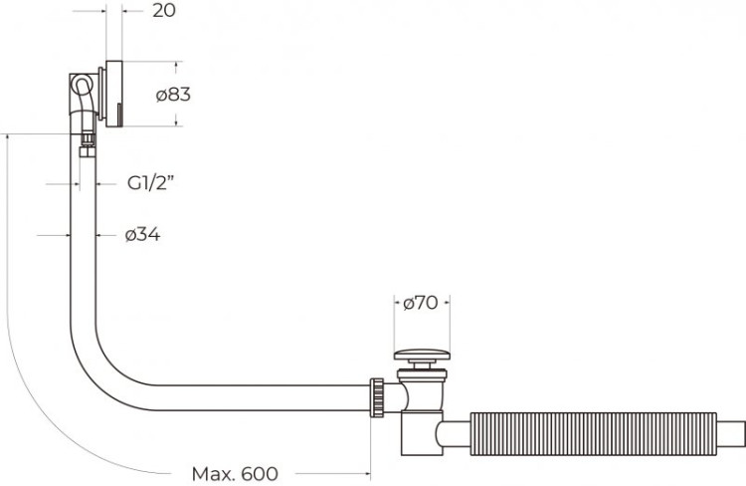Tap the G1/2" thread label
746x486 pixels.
151,183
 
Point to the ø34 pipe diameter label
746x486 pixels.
143,235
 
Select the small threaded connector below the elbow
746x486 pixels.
88,140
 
